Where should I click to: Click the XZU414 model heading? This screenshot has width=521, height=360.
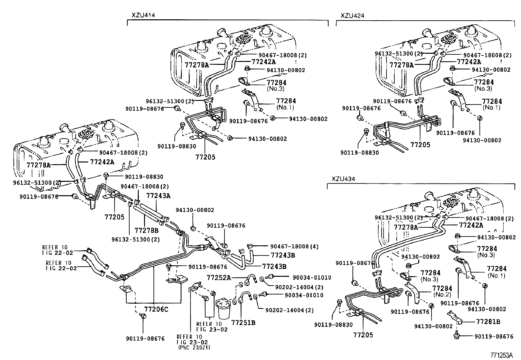click(143, 15)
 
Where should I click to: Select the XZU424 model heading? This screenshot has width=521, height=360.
click(352, 15)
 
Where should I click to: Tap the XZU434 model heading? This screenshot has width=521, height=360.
click(343, 179)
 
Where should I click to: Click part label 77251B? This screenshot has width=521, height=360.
click(243, 323)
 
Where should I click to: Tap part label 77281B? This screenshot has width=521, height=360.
click(488, 322)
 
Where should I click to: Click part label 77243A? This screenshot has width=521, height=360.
click(158, 196)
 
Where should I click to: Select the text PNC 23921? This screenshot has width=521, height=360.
click(194, 348)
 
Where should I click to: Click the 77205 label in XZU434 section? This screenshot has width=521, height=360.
click(363, 335)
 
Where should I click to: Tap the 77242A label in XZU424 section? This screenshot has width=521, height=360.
click(469, 62)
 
